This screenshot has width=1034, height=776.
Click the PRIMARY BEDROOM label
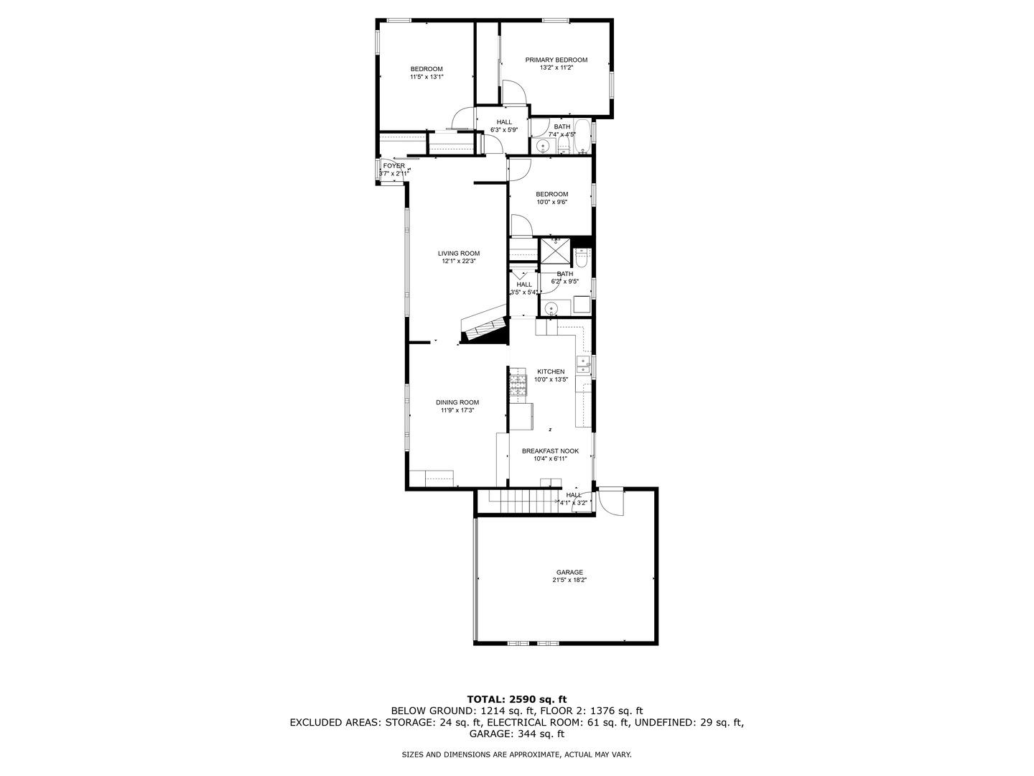pos(556,60)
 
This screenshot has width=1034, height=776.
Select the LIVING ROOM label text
pos(459,253)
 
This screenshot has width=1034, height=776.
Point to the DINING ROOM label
pos(457,402)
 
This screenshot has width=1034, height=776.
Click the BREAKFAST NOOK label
pos(550,451)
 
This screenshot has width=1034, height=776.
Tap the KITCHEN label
pos(551,371)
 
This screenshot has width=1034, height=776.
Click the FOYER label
pos(393,166)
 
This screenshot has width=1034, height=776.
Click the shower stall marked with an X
pos(554,252)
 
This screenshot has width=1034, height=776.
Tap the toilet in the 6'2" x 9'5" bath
pos(582,256)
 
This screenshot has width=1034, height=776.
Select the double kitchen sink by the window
pos(583,364)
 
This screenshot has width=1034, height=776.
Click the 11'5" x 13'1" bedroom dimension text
pos(427,76)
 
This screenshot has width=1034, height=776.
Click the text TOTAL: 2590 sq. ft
pos(516,698)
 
